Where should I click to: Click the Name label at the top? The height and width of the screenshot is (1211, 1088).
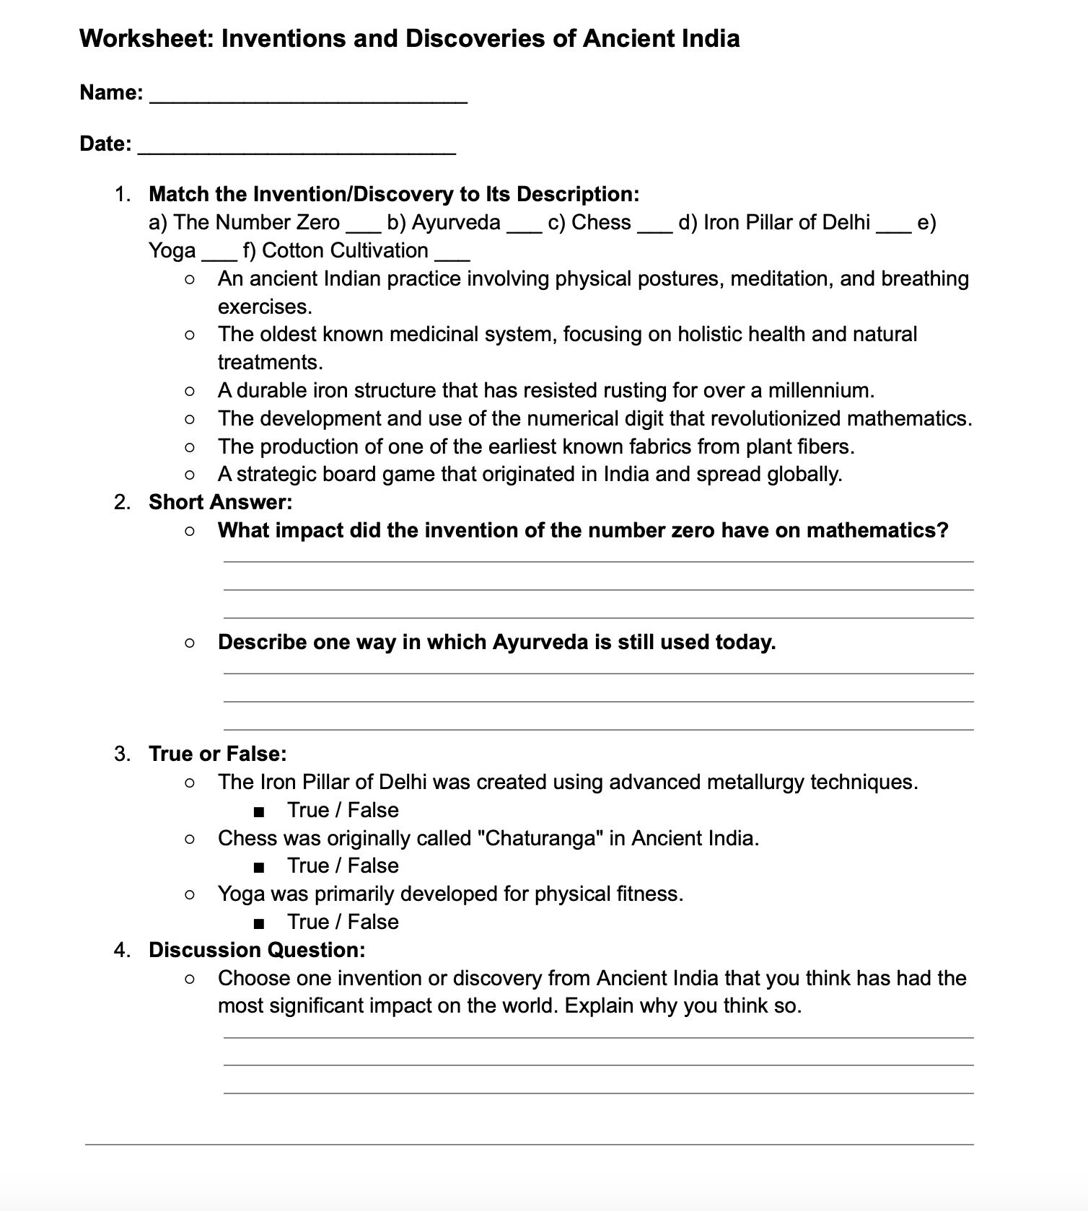(111, 92)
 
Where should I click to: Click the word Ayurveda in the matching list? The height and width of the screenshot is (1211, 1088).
(455, 222)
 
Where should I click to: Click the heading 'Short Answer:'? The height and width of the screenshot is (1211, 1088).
(220, 502)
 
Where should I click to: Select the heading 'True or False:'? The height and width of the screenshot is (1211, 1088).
(217, 754)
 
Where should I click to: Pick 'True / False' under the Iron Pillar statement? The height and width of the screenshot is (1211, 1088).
(343, 810)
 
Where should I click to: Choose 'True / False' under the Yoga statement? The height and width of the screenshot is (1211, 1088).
(343, 922)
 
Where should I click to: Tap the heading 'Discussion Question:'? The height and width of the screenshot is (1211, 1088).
(257, 950)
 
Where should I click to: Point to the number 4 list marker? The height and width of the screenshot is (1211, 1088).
(121, 950)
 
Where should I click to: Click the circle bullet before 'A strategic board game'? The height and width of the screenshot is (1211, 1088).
(189, 475)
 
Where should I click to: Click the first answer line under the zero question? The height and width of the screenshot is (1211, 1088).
(598, 560)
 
